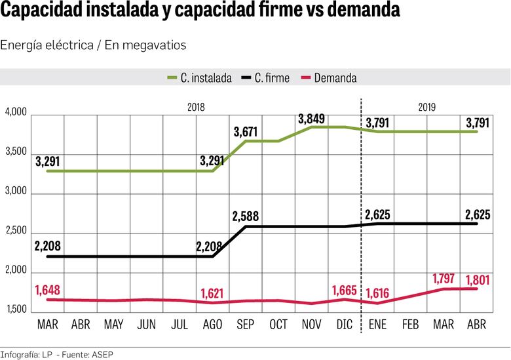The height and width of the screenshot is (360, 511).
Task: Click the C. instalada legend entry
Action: click(200, 78)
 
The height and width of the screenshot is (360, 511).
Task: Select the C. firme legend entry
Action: click(265, 78)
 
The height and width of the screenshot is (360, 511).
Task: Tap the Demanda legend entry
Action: click(329, 78)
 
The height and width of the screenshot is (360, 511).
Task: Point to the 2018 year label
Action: click(196, 107)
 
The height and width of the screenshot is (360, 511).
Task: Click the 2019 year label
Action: click(427, 107)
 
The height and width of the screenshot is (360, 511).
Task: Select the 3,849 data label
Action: click(311, 119)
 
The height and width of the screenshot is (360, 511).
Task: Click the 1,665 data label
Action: click(345, 290)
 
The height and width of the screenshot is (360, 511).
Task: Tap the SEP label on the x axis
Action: click(245, 325)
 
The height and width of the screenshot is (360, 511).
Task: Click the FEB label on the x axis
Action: click(410, 325)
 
